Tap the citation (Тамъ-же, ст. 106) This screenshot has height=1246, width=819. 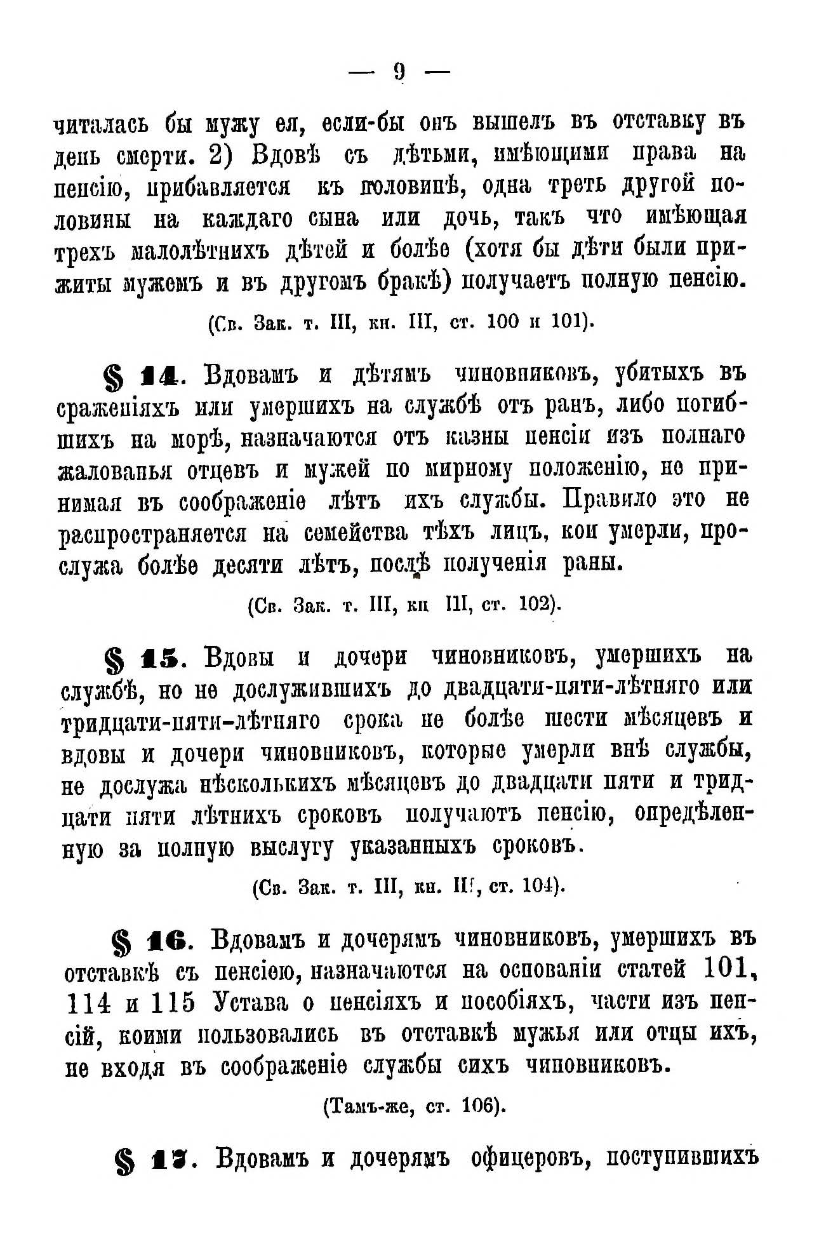tap(415, 1107)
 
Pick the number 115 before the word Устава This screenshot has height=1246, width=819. tap(174, 1003)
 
